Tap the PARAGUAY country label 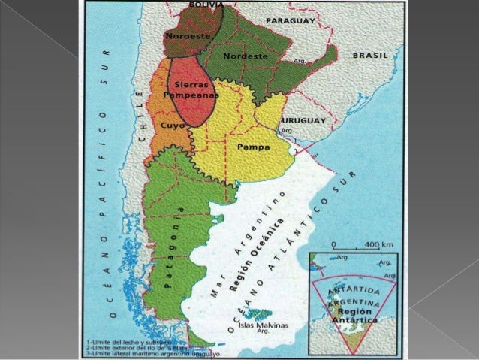tap(289, 20)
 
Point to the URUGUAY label tap(304, 120)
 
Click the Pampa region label tap(253, 147)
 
